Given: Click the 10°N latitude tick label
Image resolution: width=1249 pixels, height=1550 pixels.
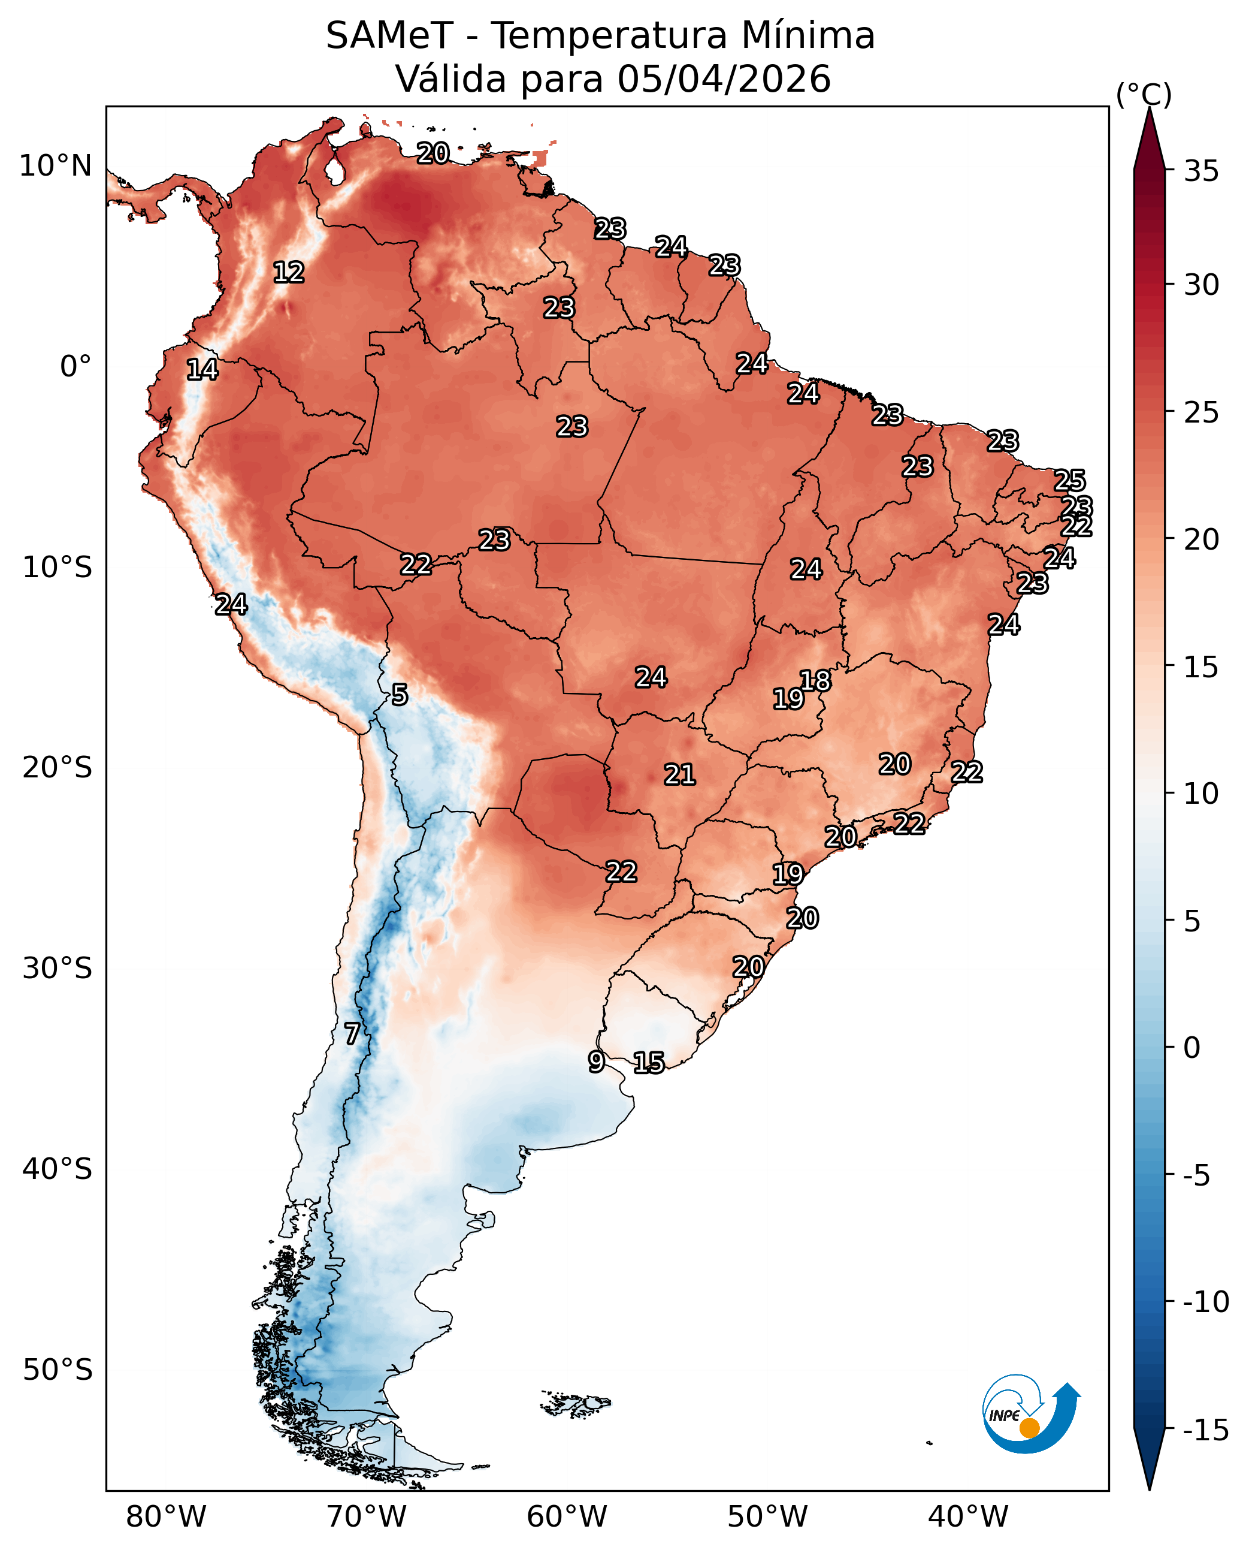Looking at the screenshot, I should pos(55,166).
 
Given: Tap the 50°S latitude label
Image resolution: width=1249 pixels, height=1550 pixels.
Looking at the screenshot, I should pos(58,1370).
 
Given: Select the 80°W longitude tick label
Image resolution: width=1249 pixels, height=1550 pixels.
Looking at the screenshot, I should pos(166,1516).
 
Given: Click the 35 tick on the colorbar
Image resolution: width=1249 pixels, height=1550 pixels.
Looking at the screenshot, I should pos(1202,171).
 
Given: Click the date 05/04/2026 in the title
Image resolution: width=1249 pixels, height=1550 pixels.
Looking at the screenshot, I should pos(724,79).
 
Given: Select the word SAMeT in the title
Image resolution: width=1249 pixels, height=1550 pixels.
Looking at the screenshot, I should pos(389,35).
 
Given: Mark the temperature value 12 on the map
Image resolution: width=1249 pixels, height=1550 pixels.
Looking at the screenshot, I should pos(289,272).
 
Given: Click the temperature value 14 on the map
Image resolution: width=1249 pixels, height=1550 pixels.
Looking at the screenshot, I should pos(202,369).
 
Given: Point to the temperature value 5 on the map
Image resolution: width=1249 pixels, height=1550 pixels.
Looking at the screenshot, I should pos(400,695).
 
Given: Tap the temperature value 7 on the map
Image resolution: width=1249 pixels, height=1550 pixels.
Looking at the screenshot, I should pos(352,1034).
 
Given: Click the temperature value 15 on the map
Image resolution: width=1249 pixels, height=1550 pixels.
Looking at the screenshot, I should pos(649,1063).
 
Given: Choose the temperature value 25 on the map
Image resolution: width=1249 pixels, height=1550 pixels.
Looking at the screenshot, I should pos(1070,480).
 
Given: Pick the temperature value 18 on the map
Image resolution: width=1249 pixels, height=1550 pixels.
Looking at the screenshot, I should pos(816,680).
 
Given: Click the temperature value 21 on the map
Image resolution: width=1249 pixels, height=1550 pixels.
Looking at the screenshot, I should pos(680,774).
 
